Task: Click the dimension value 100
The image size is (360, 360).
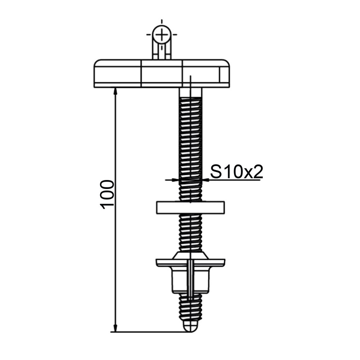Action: [108, 194]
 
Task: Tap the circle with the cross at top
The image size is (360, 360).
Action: [162, 35]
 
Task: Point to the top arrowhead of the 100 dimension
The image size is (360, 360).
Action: [115, 91]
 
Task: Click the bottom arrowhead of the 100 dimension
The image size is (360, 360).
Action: [115, 328]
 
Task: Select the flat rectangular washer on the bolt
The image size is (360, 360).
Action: [190, 207]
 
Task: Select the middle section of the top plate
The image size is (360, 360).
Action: [162, 74]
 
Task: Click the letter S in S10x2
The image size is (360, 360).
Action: [215, 172]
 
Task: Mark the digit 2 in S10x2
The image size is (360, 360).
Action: [257, 172]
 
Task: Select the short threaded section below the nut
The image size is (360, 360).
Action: [190, 308]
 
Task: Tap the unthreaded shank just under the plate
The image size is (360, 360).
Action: [190, 93]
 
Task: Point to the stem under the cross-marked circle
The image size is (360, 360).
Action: [162, 52]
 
